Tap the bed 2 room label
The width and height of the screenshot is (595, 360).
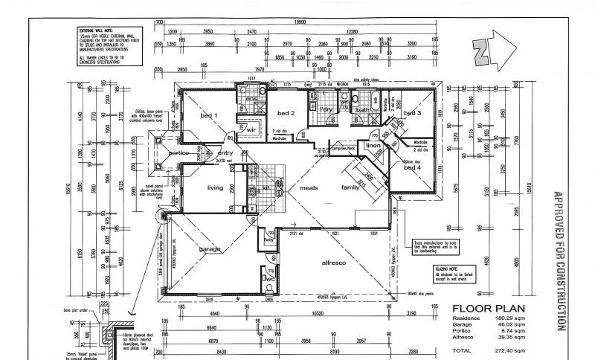pyautogui.click(x=287, y=113)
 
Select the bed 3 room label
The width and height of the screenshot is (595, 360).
pyautogui.click(x=413, y=113)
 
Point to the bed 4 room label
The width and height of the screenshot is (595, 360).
pyautogui.click(x=412, y=168)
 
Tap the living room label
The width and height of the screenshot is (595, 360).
pyautogui.click(x=215, y=187)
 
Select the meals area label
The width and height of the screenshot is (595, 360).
pyautogui.click(x=309, y=187)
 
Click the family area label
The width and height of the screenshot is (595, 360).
pyautogui.click(x=350, y=187)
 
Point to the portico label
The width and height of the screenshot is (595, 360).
pyautogui.click(x=179, y=152)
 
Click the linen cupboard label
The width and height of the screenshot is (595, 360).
pyautogui.click(x=373, y=146)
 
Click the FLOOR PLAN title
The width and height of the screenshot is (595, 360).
pyautogui.click(x=487, y=307)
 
